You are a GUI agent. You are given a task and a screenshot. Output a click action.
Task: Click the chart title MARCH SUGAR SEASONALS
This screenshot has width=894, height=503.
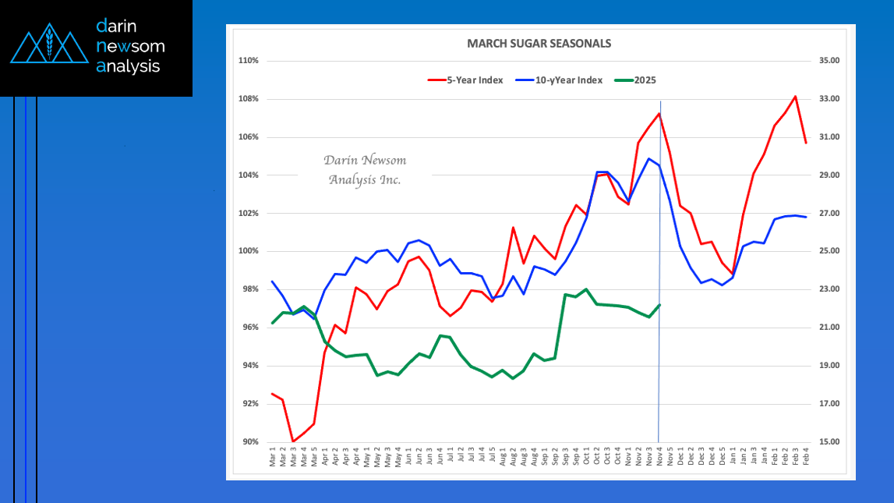[x=539, y=43]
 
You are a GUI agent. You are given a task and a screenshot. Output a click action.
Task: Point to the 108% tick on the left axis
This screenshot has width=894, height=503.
[x=249, y=99]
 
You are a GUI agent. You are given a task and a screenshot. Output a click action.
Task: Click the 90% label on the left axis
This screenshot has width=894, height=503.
[x=250, y=442]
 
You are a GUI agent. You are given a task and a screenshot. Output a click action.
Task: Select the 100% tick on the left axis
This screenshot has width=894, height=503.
[x=249, y=251]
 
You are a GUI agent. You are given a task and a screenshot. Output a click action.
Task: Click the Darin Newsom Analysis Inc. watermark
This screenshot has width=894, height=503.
[x=365, y=170]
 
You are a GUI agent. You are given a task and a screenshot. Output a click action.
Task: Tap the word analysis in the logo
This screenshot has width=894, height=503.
[x=128, y=66]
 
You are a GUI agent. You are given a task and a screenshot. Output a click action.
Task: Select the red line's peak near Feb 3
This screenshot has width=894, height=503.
[x=795, y=97]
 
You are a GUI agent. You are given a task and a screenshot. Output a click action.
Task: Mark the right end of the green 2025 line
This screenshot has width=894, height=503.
[x=659, y=305]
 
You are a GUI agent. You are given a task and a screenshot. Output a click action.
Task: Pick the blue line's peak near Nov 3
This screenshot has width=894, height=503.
[x=648, y=159]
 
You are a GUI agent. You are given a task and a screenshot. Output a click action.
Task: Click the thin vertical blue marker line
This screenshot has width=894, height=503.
[x=659, y=367]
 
